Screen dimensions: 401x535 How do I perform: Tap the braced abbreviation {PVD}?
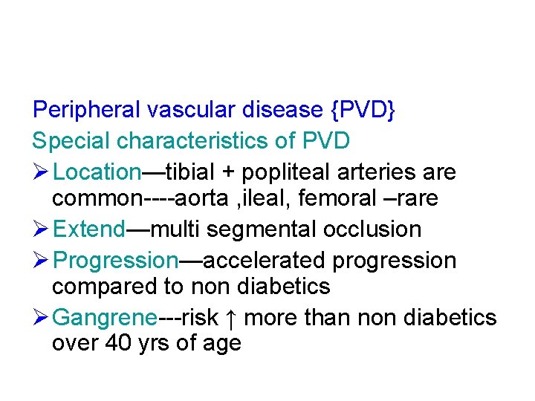coord(363,110)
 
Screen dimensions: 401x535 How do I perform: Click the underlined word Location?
coord(97,172)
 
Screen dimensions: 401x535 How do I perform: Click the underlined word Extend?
coord(90,229)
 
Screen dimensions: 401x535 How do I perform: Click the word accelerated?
coord(264,260)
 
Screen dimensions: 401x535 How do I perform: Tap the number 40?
coord(118,344)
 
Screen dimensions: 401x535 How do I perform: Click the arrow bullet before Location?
coord(40,172)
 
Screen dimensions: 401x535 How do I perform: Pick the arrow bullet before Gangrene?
coord(40,317)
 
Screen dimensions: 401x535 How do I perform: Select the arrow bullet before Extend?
coord(40,229)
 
